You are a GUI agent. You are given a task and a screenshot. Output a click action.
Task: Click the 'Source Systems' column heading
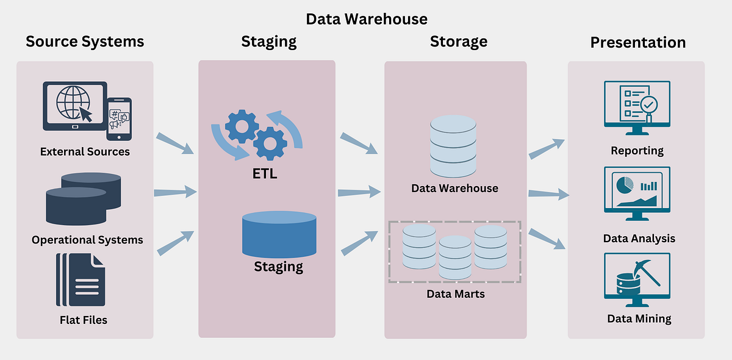pos(85,42)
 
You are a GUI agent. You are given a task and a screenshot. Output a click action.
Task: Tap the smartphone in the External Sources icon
pos(120,119)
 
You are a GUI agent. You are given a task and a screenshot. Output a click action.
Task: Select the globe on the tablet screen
pos(73,103)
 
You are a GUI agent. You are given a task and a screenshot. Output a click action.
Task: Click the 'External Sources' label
pos(85,152)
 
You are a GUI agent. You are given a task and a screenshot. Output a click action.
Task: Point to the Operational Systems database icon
pos(84,199)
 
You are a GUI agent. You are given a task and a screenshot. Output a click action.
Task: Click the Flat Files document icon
pos(81,279)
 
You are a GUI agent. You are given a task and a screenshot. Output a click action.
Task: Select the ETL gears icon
pos(257,135)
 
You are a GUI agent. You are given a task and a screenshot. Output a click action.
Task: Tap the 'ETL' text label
pos(265,174)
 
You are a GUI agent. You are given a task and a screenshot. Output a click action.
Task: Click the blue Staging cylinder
pos(279,234)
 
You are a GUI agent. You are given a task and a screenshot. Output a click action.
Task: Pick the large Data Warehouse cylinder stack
pos(453,146)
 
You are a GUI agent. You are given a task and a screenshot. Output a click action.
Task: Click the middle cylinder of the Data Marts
pos(455,257)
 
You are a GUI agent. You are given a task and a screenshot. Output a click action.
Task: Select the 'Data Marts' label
pos(456,294)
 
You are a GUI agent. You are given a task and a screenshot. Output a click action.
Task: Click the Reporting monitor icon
pos(637,108)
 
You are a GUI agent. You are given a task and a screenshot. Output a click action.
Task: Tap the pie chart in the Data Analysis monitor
pos(625,185)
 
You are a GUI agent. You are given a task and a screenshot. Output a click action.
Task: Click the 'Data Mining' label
pos(639,319)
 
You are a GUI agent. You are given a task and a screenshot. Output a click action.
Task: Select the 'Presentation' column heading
pos(638,43)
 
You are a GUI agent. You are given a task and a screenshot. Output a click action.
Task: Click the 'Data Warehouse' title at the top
pos(367,19)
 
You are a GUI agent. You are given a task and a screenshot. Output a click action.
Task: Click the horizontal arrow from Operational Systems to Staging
pos(176,192)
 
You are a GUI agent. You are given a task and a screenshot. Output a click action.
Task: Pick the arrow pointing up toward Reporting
pos(547,149)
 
